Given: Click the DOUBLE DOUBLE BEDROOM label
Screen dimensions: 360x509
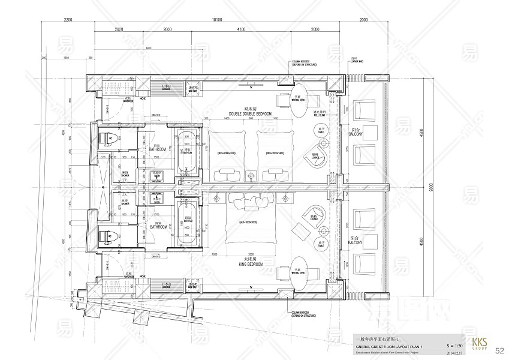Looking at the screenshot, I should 250,113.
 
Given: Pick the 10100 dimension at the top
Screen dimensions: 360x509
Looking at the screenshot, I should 217,20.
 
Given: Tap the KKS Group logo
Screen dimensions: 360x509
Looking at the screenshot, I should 479,344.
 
